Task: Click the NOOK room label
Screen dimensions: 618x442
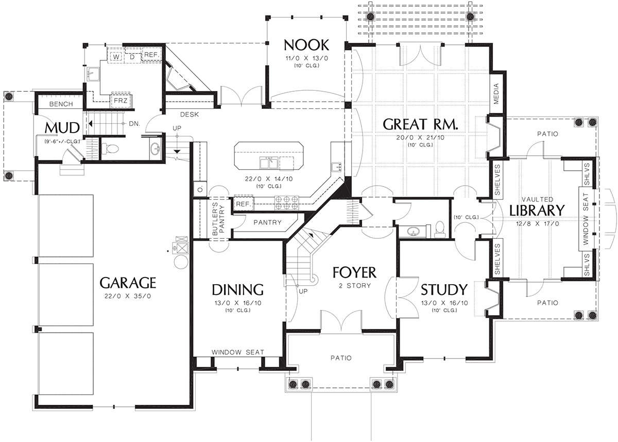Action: pyautogui.click(x=306, y=45)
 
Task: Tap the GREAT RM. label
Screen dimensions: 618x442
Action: pyautogui.click(x=420, y=124)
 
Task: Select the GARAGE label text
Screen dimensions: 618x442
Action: pyautogui.click(x=128, y=283)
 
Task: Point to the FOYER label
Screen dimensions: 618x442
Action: pyautogui.click(x=354, y=273)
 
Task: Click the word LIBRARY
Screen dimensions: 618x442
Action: pyautogui.click(x=537, y=210)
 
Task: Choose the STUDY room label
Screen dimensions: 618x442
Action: pyautogui.click(x=444, y=290)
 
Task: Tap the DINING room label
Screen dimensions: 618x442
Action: pyautogui.click(x=237, y=290)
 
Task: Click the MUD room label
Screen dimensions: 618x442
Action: pyautogui.click(x=62, y=128)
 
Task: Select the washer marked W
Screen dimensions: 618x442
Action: pyautogui.click(x=116, y=57)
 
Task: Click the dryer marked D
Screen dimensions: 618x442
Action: pyautogui.click(x=132, y=57)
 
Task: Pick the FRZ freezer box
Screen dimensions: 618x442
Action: pyautogui.click(x=121, y=101)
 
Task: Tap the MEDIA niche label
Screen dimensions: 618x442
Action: pyautogui.click(x=496, y=94)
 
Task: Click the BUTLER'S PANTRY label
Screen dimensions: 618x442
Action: pyautogui.click(x=219, y=219)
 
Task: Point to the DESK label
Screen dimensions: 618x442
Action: pyautogui.click(x=190, y=114)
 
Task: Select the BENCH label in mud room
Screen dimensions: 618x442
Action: pyautogui.click(x=61, y=104)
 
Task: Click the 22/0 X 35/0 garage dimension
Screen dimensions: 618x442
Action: pyautogui.click(x=128, y=297)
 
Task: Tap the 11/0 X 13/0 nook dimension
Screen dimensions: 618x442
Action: pyautogui.click(x=306, y=59)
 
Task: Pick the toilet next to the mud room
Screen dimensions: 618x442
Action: pyautogui.click(x=110, y=149)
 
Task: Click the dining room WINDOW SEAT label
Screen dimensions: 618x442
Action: pyautogui.click(x=237, y=352)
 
